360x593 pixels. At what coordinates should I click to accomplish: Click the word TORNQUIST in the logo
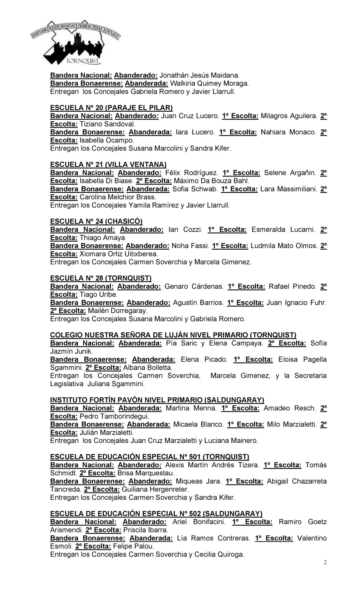[84, 62]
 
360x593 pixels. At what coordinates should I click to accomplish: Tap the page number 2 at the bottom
[325, 563]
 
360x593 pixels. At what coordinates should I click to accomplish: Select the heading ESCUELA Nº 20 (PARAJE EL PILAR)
[111, 108]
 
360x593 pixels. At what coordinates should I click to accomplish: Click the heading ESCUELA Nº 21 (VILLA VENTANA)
[108, 164]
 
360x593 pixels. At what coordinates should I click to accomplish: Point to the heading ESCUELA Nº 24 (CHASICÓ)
[96, 221]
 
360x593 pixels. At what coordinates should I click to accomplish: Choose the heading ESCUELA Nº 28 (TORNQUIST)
[101, 278]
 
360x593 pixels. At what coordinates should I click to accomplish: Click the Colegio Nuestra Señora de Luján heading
[173, 335]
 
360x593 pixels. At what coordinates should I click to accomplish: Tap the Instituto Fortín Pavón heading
[157, 400]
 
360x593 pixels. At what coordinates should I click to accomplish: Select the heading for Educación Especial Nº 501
[150, 457]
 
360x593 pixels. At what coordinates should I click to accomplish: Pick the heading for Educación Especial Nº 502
[156, 513]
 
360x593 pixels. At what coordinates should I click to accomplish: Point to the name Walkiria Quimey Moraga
[209, 83]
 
